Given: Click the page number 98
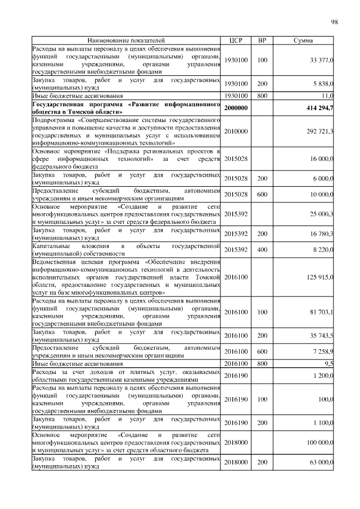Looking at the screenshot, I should [334, 22].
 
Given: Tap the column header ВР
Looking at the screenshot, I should [262, 40].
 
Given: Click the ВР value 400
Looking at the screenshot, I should [262, 250].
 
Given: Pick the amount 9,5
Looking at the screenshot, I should [329, 364].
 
